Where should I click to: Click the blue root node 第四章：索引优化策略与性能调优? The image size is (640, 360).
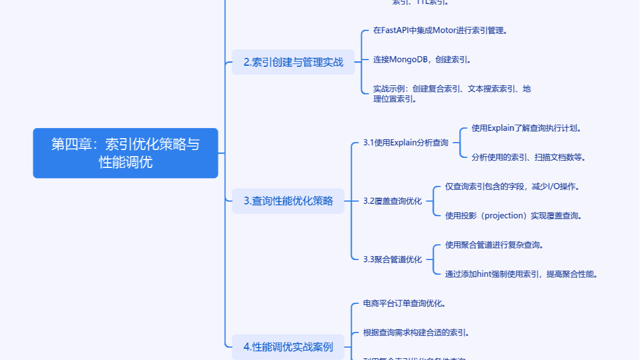tap(125, 153)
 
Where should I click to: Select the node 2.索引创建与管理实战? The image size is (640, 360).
tap(293, 62)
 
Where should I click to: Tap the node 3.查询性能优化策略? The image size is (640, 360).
tap(288, 200)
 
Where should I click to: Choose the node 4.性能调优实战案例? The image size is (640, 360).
tap(288, 347)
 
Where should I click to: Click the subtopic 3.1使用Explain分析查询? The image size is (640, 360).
tap(406, 143)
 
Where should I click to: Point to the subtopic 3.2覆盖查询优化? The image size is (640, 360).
tap(392, 201)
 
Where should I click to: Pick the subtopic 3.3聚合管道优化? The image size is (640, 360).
tap(392, 259)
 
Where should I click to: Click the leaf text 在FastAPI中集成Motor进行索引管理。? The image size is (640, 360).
tap(441, 30)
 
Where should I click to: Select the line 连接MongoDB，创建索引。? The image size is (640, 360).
tap(422, 60)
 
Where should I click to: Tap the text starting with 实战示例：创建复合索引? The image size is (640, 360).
tap(452, 94)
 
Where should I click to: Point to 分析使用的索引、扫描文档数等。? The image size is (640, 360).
tap(529, 157)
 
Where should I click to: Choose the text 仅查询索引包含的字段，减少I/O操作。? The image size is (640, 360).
tap(512, 186)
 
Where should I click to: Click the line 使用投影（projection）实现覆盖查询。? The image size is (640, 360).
tap(513, 216)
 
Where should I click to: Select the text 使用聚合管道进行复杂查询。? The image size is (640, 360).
tap(494, 245)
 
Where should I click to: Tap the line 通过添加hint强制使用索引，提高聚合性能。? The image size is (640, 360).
tap(521, 274)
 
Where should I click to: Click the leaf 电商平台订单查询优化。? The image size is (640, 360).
tap(405, 303)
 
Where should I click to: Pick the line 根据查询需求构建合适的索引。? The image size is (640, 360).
tap(416, 332)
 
